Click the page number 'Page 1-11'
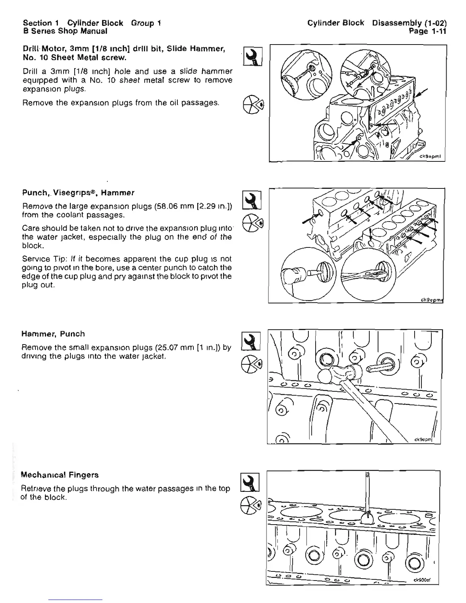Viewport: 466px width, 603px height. (427, 31)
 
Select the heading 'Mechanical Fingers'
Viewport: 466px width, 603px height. (60, 475)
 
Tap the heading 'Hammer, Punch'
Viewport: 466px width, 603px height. (53, 334)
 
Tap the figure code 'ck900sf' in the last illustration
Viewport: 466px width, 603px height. (422, 581)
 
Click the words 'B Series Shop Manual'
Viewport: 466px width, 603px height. (65, 31)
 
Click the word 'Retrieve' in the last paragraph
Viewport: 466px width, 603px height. (35, 488)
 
